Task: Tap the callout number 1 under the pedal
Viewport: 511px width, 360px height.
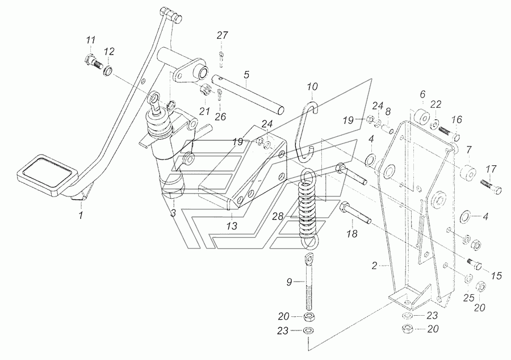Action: [81, 215]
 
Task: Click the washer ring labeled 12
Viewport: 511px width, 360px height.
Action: [108, 71]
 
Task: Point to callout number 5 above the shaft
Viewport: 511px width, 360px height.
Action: [246, 74]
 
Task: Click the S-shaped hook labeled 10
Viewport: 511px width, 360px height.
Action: [305, 131]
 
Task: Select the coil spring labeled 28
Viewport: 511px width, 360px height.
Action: [309, 208]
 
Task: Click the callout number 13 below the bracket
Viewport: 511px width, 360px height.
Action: [232, 226]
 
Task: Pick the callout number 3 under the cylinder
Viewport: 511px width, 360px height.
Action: [173, 214]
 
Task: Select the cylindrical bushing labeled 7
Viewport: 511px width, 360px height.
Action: [467, 173]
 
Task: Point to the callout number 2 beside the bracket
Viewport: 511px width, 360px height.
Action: [374, 266]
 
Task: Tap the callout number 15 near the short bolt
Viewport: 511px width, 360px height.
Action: [496, 276]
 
